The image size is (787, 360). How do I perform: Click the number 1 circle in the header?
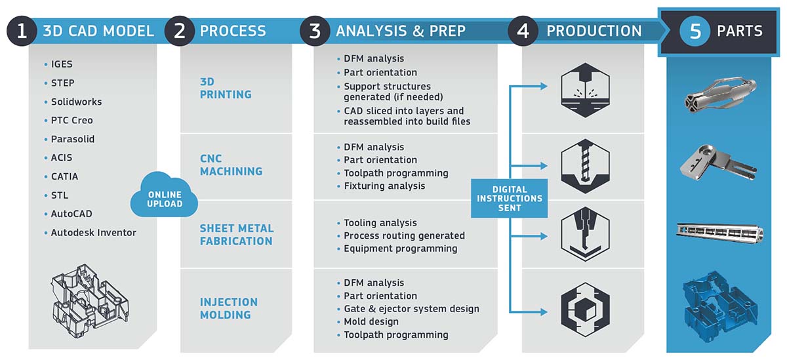tap(22, 31)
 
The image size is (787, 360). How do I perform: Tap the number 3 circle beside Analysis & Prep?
tap(315, 31)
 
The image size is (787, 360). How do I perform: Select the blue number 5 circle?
tap(695, 31)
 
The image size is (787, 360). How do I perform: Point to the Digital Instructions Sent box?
tap(510, 199)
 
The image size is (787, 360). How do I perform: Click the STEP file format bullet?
tap(62, 83)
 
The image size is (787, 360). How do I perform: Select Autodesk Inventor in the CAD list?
tap(93, 233)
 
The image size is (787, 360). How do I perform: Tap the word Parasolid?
tap(73, 139)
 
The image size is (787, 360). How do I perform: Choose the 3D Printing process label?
tap(226, 88)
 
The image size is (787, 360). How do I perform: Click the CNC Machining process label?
tap(231, 165)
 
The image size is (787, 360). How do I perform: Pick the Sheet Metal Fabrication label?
tap(237, 235)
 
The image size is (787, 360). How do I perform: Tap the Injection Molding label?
tap(229, 308)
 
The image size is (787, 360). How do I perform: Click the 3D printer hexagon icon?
tap(585, 90)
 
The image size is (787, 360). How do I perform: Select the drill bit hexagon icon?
tap(585, 166)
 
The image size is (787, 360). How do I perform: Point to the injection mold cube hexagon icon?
tap(585, 310)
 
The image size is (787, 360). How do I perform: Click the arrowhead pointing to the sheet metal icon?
tap(544, 236)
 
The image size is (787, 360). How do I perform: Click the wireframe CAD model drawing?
tap(91, 301)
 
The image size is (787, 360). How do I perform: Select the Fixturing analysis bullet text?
tap(384, 186)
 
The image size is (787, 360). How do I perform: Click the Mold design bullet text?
tap(371, 322)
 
